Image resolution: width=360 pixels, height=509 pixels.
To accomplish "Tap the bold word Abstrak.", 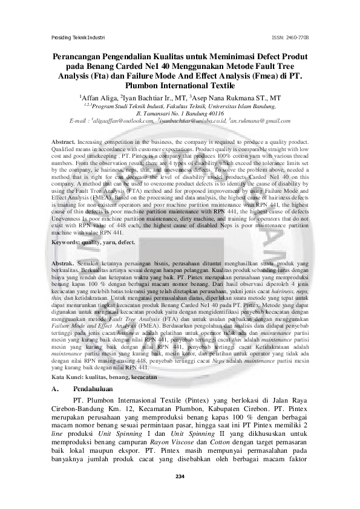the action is (63, 265).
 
